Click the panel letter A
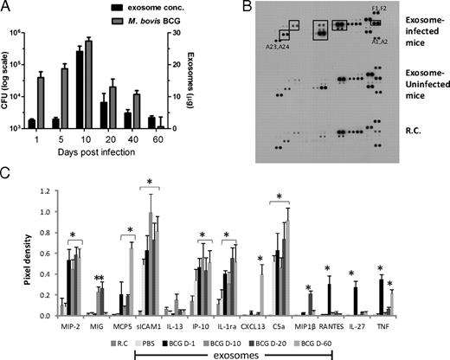(6, 7)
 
